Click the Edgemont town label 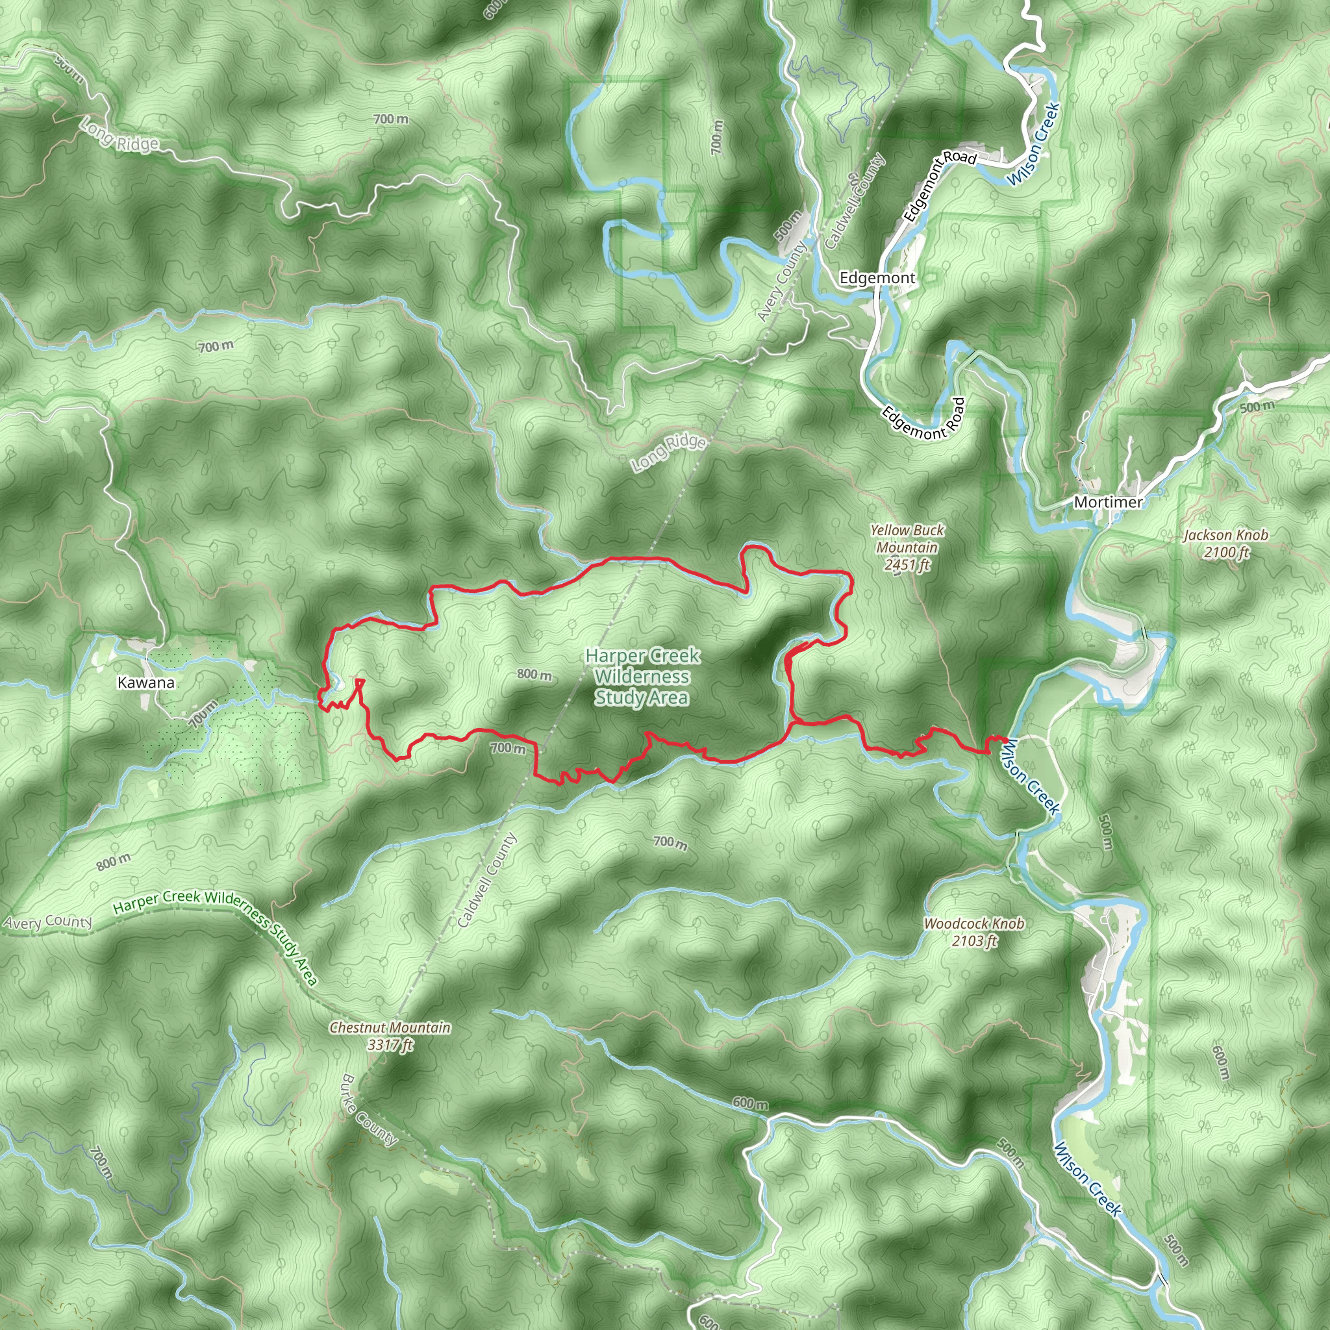click(877, 278)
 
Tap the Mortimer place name click(1108, 502)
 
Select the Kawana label click(146, 683)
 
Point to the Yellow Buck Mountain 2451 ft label click(907, 547)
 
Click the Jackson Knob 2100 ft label click(1225, 543)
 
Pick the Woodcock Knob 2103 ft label click(973, 932)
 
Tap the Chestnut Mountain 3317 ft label click(390, 1035)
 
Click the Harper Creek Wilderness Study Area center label click(642, 677)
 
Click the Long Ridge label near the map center click(668, 452)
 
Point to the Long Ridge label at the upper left click(119, 134)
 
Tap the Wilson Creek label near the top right click(1032, 144)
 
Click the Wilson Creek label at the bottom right click(1087, 1179)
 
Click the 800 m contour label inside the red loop click(534, 674)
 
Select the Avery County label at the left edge click(47, 922)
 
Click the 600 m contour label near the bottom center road click(749, 1103)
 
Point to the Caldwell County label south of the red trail click(486, 881)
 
